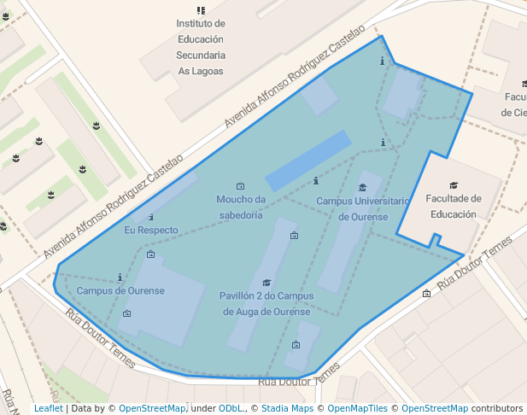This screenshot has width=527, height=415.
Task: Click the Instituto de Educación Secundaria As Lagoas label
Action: point(201,47)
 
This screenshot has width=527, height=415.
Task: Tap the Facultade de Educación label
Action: point(453,207)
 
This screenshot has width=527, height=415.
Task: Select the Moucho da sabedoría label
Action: point(240,207)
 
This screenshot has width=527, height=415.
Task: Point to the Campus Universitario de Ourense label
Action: point(363,208)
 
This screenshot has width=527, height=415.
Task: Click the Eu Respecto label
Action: point(151,231)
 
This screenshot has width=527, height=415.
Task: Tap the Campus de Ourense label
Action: point(120,290)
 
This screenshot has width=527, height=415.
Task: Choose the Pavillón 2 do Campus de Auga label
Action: point(266,303)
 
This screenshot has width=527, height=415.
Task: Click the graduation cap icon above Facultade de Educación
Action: point(453,185)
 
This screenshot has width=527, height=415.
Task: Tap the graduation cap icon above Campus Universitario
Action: point(362,188)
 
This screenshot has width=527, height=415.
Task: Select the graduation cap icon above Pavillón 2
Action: point(266,283)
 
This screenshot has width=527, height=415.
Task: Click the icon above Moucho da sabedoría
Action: point(240,186)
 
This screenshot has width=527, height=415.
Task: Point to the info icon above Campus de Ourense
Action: point(120,277)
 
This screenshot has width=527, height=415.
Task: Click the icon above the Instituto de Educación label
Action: point(201,10)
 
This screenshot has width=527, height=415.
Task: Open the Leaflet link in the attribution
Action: point(48,408)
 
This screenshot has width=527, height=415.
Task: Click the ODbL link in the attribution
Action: point(230,408)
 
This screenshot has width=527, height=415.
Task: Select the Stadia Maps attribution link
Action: point(287,408)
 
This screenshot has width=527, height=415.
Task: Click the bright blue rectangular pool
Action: point(308,161)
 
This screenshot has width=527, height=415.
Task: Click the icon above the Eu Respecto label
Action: point(151,218)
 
